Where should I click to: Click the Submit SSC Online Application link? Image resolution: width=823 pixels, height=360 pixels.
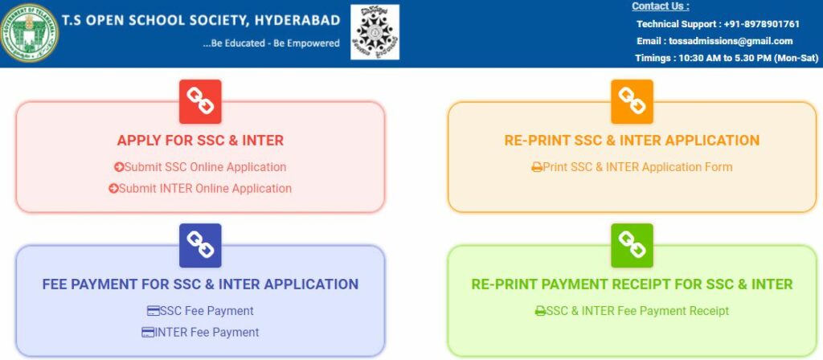coord(200,167)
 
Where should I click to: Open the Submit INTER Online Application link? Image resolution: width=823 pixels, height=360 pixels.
coord(200,188)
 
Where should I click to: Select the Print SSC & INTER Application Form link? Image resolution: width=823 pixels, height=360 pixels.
coord(632,167)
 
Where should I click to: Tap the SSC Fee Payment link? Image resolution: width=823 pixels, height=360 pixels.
coord(200,311)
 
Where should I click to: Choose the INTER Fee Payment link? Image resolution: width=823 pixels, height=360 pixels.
coord(200,332)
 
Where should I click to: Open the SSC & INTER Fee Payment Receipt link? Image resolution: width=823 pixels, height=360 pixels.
coord(632,311)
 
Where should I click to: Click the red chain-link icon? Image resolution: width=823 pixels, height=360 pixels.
coord(200,101)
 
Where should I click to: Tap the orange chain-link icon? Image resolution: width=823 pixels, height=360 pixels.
coord(632,101)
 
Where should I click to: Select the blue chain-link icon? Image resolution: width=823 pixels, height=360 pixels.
coord(200,245)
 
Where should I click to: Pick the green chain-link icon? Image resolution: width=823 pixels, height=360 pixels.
coord(632,245)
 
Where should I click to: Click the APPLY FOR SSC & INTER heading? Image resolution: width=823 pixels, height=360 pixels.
coord(200,141)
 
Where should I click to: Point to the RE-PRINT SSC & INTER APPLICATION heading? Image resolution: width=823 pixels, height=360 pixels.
coord(632,141)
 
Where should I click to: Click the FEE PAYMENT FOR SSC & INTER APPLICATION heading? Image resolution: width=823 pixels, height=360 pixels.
coord(200,284)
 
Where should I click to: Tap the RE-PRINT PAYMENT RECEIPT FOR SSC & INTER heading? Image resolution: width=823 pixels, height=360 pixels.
coord(632,284)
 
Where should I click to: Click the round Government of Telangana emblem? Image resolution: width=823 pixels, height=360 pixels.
coord(30,34)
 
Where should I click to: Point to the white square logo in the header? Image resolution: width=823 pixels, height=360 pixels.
coord(375,32)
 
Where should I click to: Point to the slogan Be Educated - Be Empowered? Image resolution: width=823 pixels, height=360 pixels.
coord(272,43)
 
